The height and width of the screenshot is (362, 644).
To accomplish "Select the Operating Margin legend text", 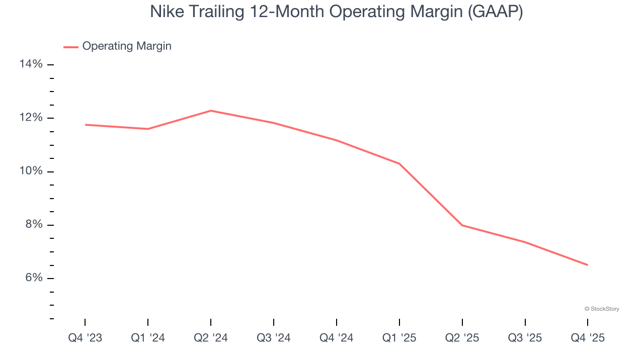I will point(127,46).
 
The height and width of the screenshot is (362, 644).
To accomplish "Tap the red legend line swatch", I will point(71,47).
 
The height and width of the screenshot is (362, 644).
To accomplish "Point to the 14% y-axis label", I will point(31,64).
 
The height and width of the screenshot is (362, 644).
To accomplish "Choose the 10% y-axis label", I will point(31,171).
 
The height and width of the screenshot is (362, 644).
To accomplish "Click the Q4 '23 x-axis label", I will point(85,338).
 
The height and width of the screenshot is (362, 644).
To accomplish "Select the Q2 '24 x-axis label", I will point(211,338).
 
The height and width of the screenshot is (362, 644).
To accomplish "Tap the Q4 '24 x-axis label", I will point(337,338).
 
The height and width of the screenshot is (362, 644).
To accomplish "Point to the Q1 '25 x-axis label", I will point(399,338).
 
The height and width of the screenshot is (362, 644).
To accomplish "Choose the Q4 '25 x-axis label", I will point(588,338).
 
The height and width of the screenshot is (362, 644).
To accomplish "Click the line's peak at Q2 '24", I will point(211,111).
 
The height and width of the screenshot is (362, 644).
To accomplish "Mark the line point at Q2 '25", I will point(462,225).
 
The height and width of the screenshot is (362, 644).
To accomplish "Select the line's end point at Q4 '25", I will point(587,265).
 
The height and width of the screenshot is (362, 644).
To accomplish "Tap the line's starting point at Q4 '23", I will point(86,125).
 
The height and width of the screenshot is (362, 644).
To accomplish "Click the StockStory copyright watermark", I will point(602,309).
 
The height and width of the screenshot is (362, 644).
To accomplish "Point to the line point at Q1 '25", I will point(399,163).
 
